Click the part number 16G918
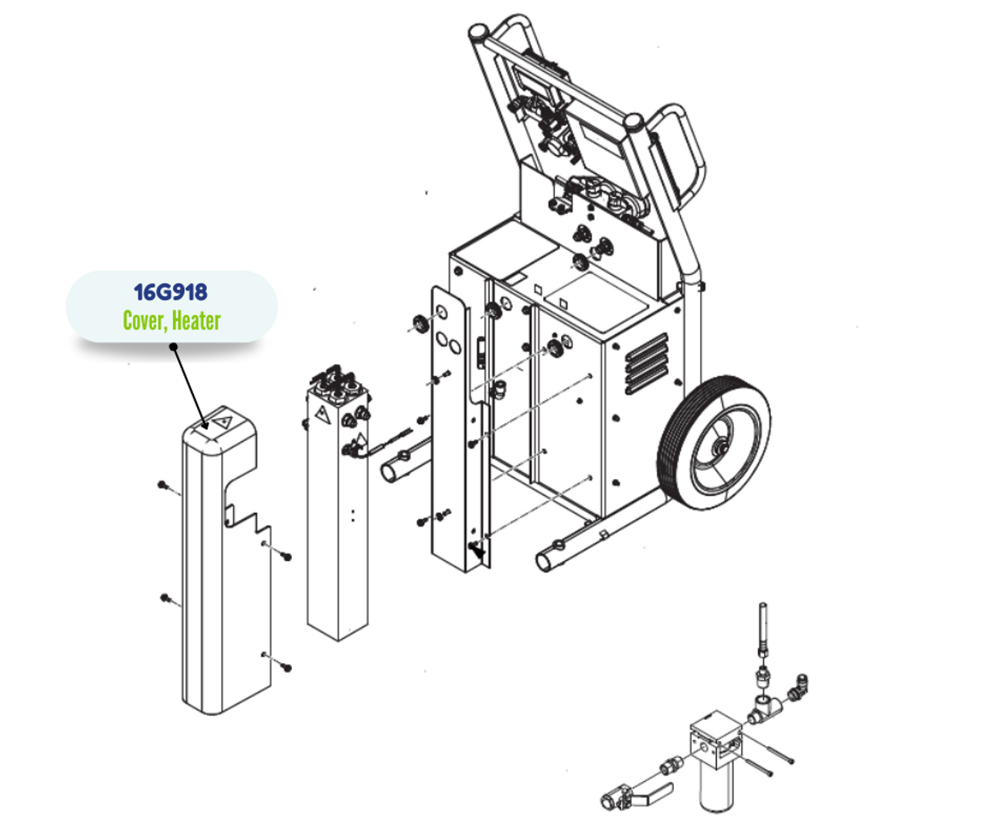pyautogui.click(x=171, y=292)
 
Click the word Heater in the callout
pyautogui.click(x=196, y=321)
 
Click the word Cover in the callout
pyautogui.click(x=144, y=321)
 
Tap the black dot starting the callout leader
pyautogui.click(x=174, y=347)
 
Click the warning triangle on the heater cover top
pyautogui.click(x=224, y=422)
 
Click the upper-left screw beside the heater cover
pyautogui.click(x=162, y=485)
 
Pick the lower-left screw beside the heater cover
pyautogui.click(x=165, y=597)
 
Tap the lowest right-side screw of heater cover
pyautogui.click(x=287, y=667)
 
